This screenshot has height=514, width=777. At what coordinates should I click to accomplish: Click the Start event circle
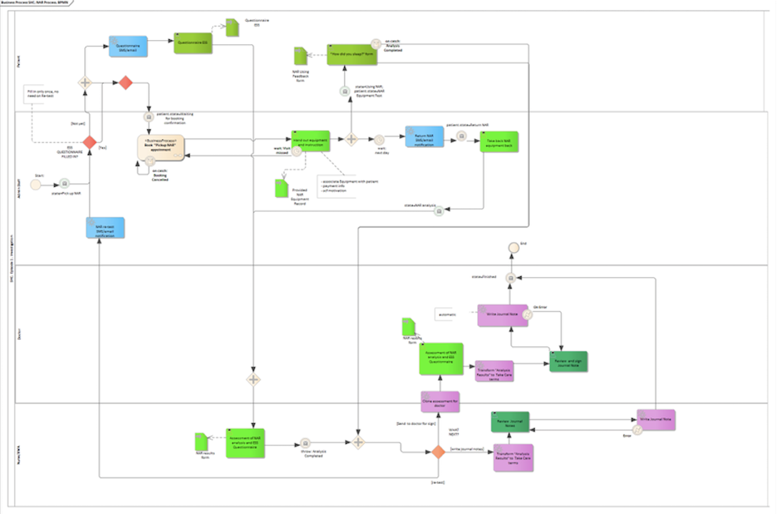(36, 184)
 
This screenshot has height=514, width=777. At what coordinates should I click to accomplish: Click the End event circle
(513, 247)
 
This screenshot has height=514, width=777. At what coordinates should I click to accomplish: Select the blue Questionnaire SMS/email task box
(129, 47)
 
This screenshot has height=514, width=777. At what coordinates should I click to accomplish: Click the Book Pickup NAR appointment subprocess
(161, 147)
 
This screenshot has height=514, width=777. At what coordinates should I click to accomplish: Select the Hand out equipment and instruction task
(311, 141)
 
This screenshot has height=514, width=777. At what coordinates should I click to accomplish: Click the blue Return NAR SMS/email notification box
(425, 137)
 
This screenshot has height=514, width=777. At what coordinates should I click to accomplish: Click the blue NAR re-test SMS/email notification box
(105, 228)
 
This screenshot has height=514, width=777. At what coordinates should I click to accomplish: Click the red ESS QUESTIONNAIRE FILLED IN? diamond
(89, 143)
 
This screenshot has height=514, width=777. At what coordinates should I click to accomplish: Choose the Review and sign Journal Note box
(568, 361)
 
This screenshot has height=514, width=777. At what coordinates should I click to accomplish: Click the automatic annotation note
(448, 314)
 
